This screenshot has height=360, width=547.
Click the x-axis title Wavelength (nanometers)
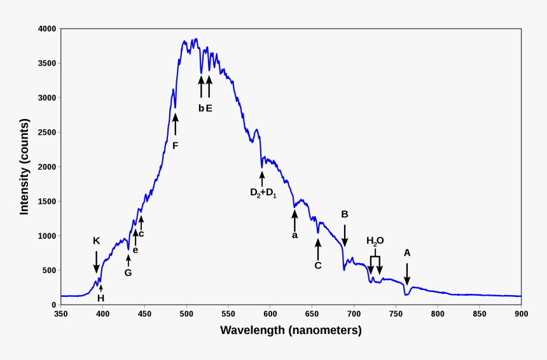[x=291, y=330]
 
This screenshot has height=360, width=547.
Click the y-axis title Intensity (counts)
[x=24, y=167]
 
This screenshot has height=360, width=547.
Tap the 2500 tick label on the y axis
[x=47, y=132]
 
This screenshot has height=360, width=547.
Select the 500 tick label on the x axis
[x=186, y=314]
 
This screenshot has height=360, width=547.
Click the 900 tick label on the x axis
[x=522, y=314]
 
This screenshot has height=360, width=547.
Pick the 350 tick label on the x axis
[x=61, y=314]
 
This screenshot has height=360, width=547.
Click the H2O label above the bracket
[x=375, y=241]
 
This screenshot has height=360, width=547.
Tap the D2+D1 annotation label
[x=263, y=193]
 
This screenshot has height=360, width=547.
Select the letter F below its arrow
[x=176, y=146]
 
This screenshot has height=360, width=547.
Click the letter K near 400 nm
[x=96, y=241]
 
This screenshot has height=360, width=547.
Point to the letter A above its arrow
[x=407, y=253]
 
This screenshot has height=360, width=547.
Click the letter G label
[x=128, y=273]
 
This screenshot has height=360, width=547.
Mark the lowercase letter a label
[x=294, y=235]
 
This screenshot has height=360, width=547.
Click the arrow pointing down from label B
[x=345, y=235]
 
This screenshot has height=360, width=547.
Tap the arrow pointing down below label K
[x=96, y=261]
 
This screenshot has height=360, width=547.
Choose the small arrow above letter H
[x=100, y=288]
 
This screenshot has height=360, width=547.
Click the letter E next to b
[x=209, y=108]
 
